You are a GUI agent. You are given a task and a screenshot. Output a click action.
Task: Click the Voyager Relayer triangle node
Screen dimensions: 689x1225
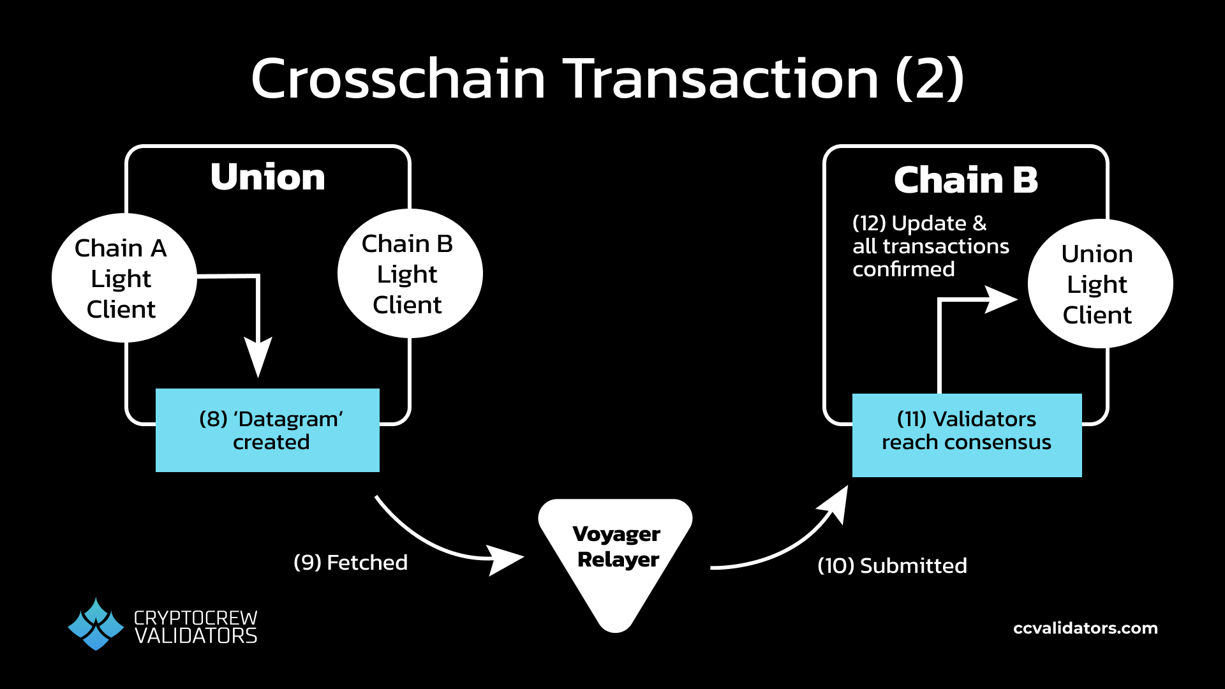(x=616, y=555)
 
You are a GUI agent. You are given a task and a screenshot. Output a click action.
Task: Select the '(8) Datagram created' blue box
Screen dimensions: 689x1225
(x=268, y=431)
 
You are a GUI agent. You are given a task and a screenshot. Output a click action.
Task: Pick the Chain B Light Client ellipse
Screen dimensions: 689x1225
(x=409, y=274)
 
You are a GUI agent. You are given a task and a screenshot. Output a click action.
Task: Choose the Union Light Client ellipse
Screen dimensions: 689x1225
(x=1099, y=284)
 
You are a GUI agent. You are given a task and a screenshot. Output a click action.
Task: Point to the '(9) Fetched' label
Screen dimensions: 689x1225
(x=350, y=563)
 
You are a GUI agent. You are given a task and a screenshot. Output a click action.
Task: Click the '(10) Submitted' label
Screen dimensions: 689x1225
(x=892, y=566)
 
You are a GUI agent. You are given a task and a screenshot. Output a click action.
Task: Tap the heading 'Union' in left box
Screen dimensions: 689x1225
(x=268, y=177)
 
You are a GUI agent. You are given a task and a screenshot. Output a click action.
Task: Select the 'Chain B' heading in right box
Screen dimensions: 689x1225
(x=966, y=180)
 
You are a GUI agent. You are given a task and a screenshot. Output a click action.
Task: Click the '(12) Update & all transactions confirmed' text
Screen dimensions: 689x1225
(x=930, y=246)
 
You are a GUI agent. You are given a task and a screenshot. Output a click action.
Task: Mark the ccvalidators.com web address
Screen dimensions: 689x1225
(x=1085, y=628)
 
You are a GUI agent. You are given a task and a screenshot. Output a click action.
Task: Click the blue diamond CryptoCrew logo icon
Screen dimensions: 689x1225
(x=96, y=624)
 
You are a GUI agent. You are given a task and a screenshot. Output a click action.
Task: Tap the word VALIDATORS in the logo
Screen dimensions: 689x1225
(x=196, y=636)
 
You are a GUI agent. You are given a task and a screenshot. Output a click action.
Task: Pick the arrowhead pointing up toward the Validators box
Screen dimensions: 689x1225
(x=835, y=504)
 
